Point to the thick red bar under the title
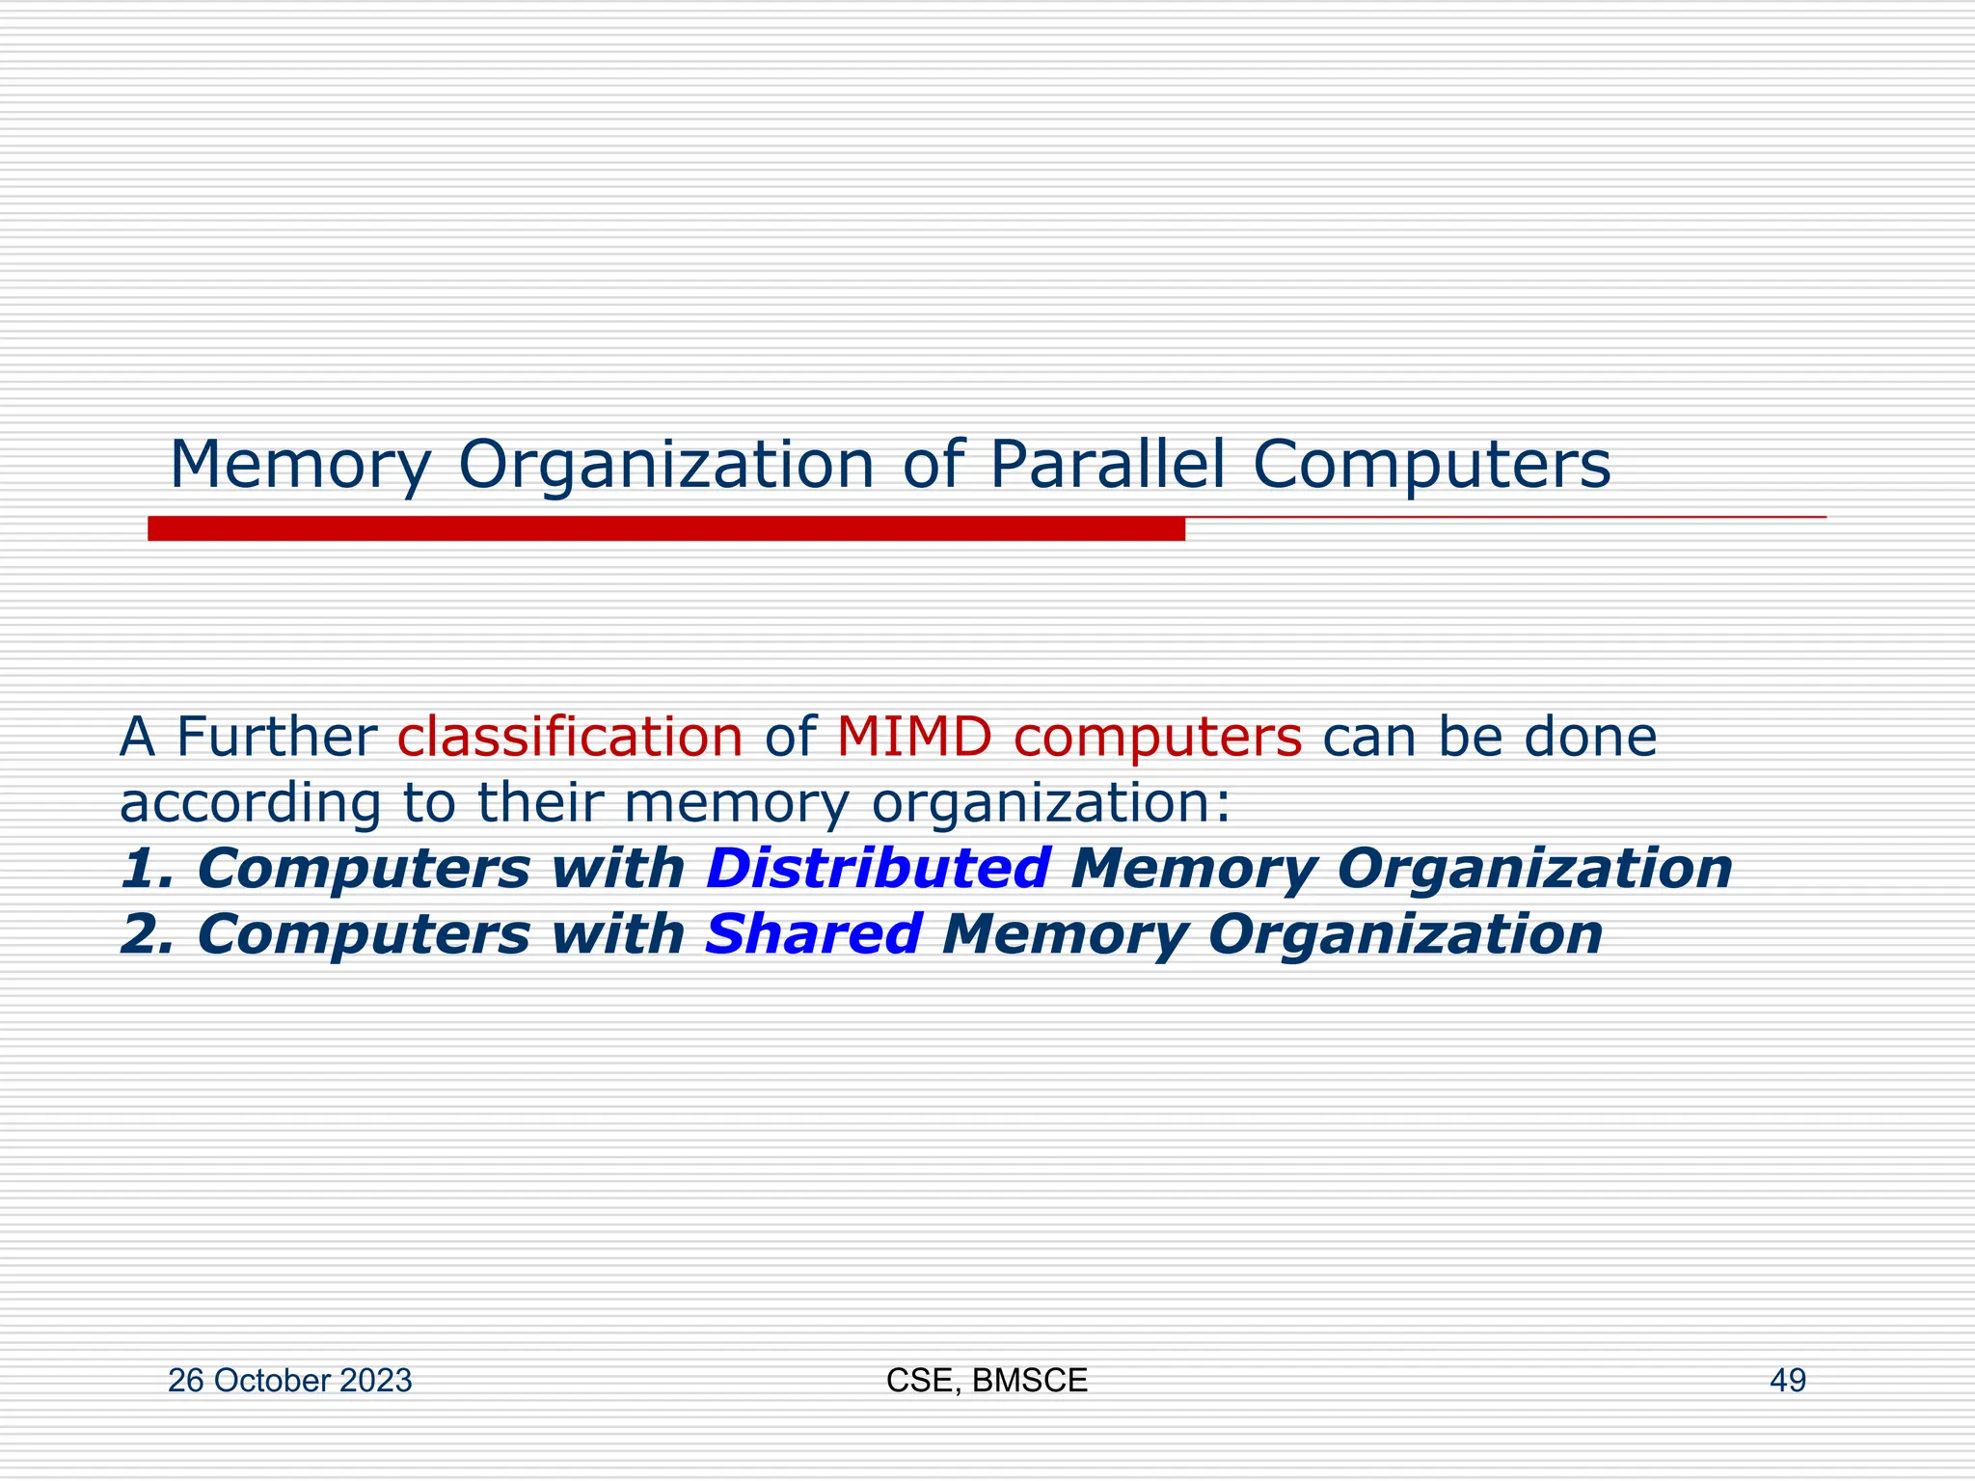pos(665,528)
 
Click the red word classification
pos(570,737)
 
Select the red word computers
pos(1157,739)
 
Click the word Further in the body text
pos(276,737)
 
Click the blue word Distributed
pos(878,868)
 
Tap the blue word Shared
pos(813,934)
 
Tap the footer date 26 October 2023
pos(289,1381)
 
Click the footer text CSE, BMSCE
pos(987,1381)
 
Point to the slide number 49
pos(1787,1381)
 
